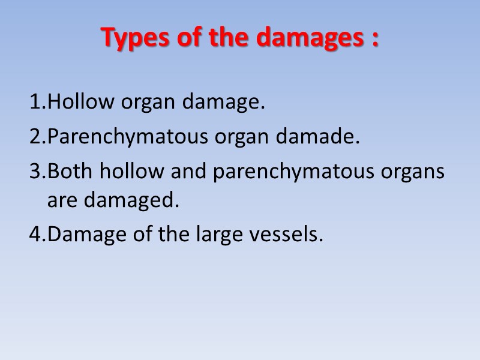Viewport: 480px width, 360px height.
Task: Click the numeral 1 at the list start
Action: (34, 103)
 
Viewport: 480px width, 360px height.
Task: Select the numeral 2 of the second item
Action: (34, 137)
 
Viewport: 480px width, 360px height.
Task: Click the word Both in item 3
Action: (70, 172)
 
